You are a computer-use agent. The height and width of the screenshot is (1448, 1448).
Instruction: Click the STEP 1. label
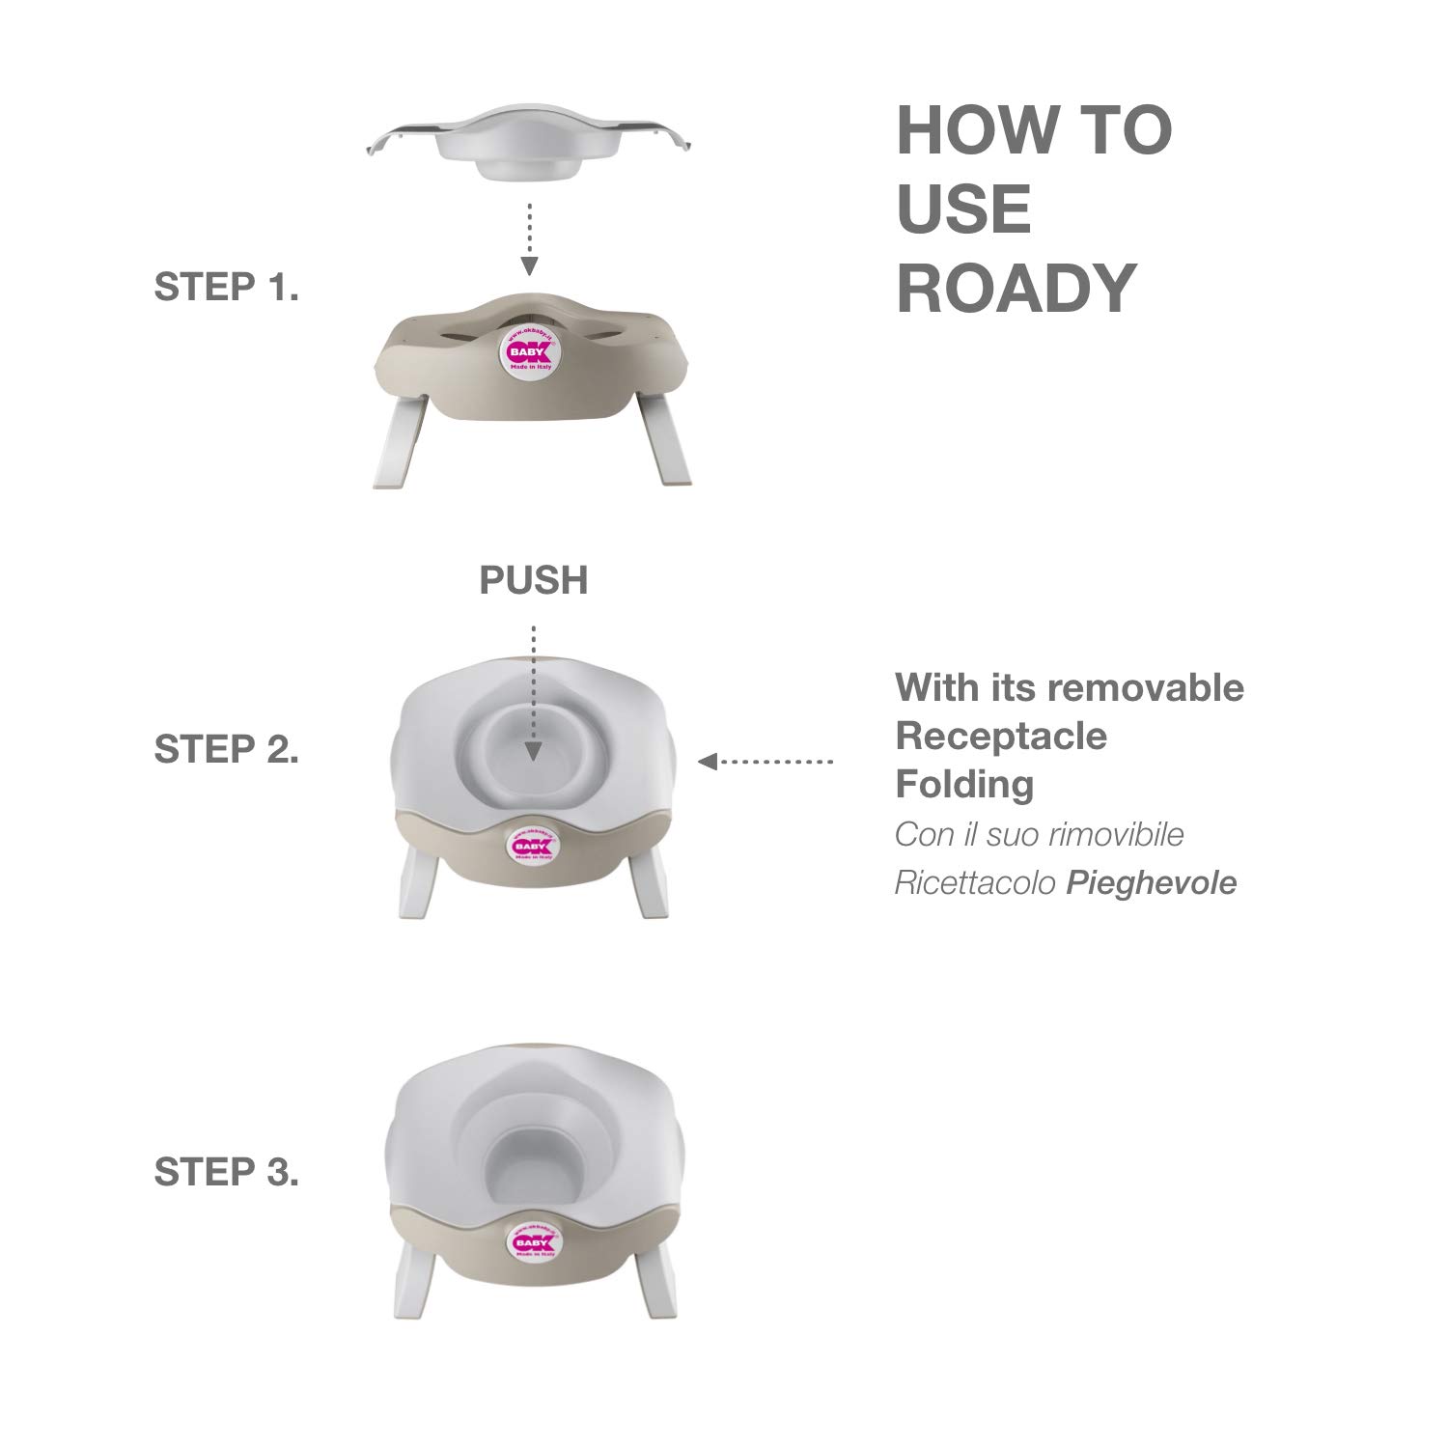pyautogui.click(x=227, y=288)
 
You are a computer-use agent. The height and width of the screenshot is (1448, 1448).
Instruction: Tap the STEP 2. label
pyautogui.click(x=227, y=750)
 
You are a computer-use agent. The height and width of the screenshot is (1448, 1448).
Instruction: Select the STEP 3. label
pyautogui.click(x=227, y=1172)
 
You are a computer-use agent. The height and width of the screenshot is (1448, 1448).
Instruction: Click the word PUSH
pyautogui.click(x=534, y=580)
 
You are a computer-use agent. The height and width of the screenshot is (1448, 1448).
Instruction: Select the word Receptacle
pyautogui.click(x=1002, y=736)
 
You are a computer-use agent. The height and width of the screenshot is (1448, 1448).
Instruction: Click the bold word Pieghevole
pyautogui.click(x=1152, y=882)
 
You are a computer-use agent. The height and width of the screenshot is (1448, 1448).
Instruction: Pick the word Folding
pyautogui.click(x=964, y=784)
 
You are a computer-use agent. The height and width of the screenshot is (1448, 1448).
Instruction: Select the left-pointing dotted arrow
pyautogui.click(x=765, y=762)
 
